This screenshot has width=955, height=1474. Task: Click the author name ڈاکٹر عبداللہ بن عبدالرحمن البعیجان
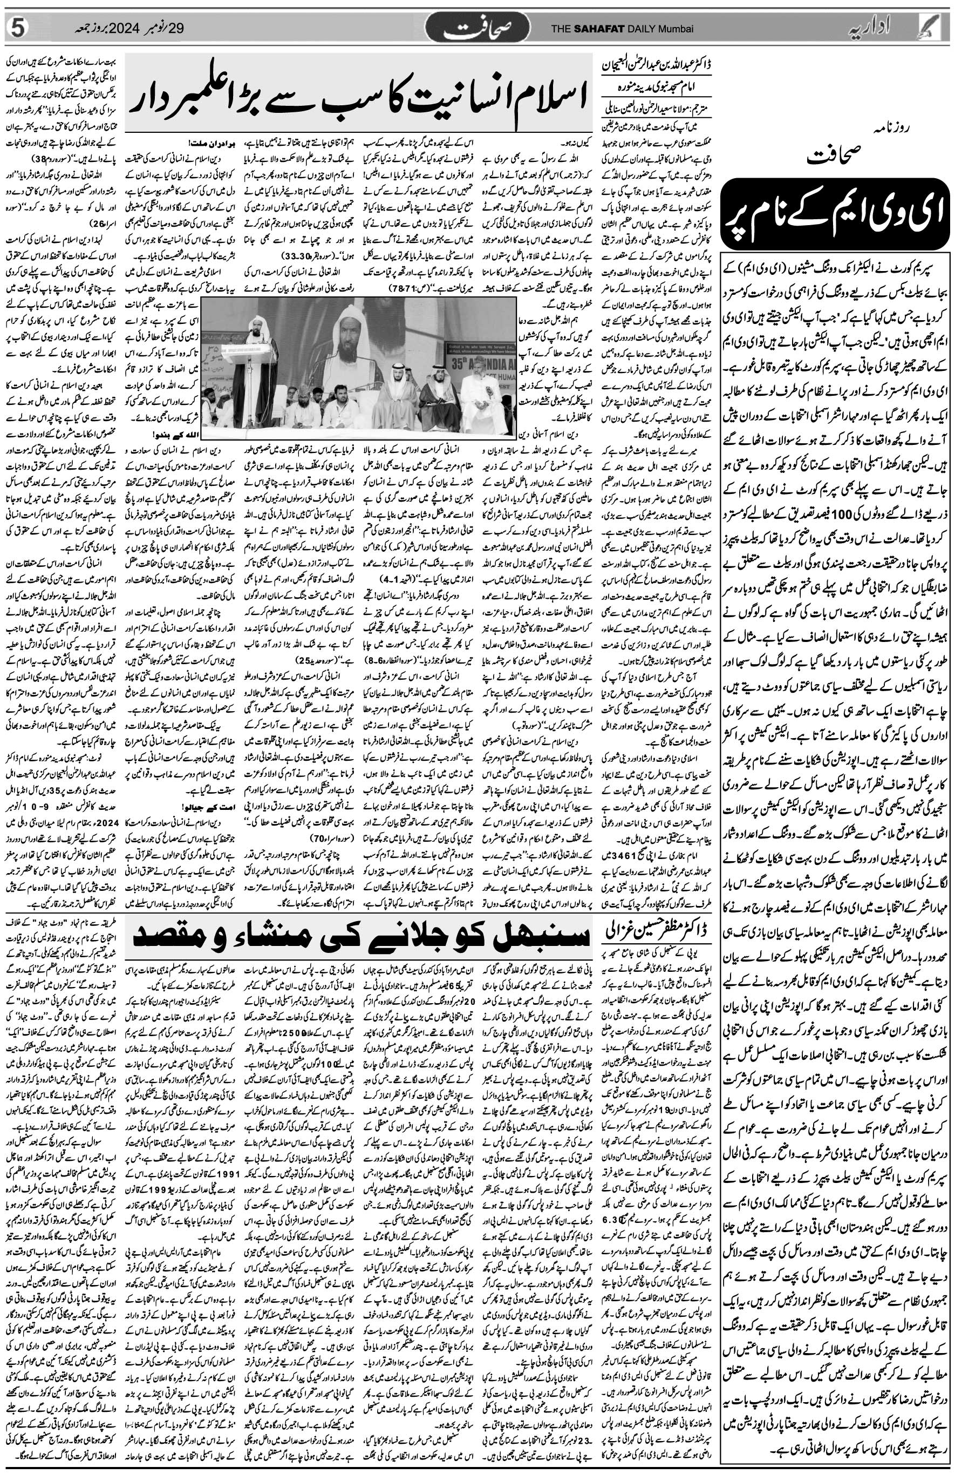click(657, 64)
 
